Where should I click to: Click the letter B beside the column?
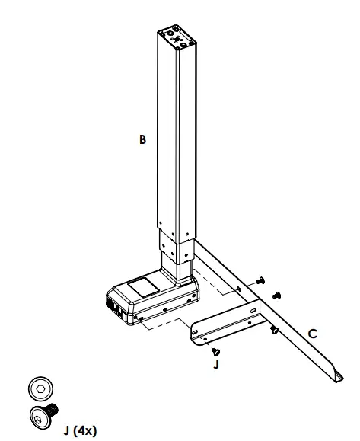pos(142,139)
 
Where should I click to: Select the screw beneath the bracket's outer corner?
pos(272,329)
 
